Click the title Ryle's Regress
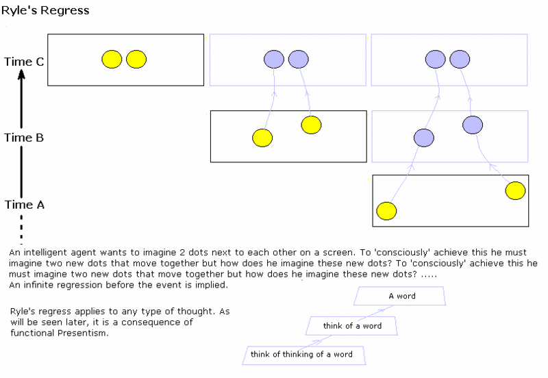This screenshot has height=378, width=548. point(45,10)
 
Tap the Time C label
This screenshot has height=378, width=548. point(24,62)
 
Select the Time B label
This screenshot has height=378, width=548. point(24,138)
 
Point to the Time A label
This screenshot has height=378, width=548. point(25,205)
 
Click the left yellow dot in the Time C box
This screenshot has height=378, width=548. point(112,60)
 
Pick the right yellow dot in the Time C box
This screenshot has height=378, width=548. point(136,60)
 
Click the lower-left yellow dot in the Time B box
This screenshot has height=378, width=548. point(262,138)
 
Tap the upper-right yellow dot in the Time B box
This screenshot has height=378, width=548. point(311,125)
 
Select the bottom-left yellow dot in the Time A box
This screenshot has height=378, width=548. point(386,211)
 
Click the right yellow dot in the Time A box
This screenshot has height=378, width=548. point(516,191)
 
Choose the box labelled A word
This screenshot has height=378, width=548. point(400,297)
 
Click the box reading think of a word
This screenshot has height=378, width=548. point(351,326)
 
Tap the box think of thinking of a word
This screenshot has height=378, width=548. point(304,355)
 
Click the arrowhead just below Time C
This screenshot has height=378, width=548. point(22,74)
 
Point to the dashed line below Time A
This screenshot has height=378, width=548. point(22,229)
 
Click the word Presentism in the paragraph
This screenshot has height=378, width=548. point(82,333)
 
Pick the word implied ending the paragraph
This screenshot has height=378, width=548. point(211,286)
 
